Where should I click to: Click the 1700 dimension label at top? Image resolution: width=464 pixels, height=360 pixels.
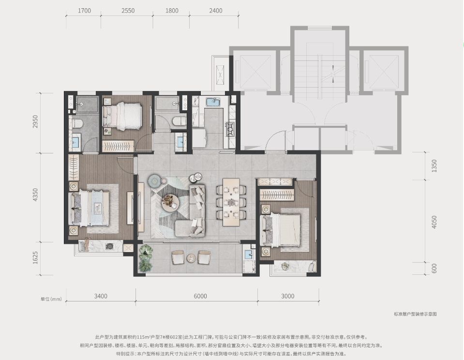pyautogui.click(x=84, y=11)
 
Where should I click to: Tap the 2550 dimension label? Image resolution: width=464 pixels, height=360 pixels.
pyautogui.click(x=128, y=11)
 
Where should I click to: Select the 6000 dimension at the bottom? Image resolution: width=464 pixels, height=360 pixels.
pyautogui.click(x=200, y=296)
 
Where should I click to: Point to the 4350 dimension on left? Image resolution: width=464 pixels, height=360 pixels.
pyautogui.click(x=35, y=195)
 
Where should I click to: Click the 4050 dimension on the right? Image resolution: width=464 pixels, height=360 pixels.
pyautogui.click(x=434, y=222)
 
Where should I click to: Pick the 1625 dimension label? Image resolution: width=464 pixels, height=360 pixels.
pyautogui.click(x=35, y=257)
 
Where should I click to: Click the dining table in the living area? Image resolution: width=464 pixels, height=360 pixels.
pyautogui.click(x=231, y=202)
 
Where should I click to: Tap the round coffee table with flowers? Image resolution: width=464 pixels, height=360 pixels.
pyautogui.click(x=170, y=202)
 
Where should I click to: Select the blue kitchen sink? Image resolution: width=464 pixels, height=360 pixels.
pyautogui.click(x=212, y=102)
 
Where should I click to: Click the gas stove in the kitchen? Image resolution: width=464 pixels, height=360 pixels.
pyautogui.click(x=230, y=129)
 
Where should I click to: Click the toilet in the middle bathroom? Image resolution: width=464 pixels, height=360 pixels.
pyautogui.click(x=179, y=121)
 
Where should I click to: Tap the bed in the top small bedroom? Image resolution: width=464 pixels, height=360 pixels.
pyautogui.click(x=123, y=116)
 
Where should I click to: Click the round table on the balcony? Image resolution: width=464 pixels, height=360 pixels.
pyautogui.click(x=191, y=258)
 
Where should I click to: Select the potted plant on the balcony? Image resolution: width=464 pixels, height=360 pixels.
pyautogui.click(x=145, y=257)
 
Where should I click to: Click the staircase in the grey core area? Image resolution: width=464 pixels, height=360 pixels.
pyautogui.click(x=320, y=71)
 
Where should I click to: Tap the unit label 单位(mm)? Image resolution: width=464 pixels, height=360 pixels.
pyautogui.click(x=51, y=299)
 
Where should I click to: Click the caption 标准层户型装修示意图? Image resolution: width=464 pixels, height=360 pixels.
pyautogui.click(x=415, y=314)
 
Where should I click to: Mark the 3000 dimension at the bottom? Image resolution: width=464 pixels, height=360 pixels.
pyautogui.click(x=287, y=296)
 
